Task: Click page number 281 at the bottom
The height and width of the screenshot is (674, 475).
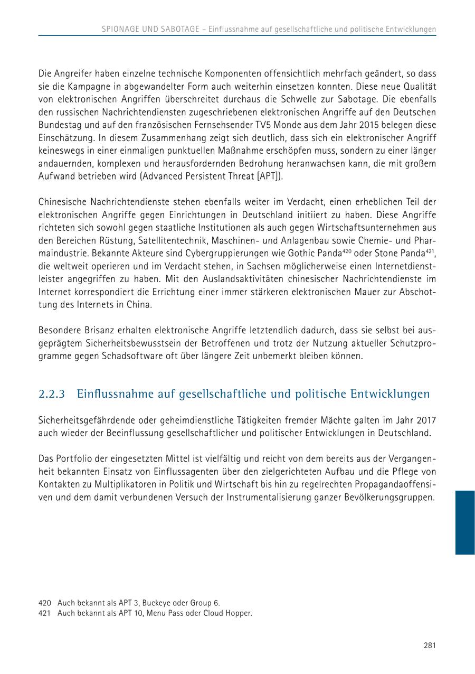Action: point(429,645)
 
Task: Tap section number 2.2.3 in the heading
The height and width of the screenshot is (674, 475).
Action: point(52,394)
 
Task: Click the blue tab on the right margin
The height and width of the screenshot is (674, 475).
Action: point(464,522)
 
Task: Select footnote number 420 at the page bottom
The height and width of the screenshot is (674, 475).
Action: point(45,603)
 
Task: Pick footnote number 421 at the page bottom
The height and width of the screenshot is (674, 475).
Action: point(45,613)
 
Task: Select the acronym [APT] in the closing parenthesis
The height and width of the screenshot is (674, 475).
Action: point(268,176)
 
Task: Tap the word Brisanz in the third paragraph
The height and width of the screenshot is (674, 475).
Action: point(97,330)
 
